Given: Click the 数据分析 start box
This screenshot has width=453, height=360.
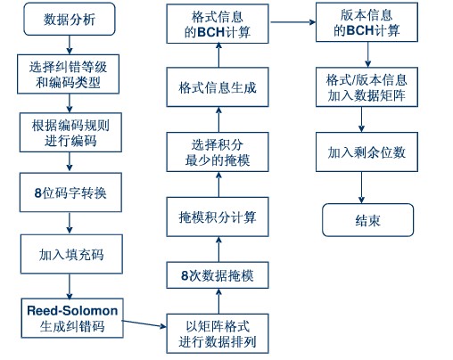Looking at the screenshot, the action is tap(70, 20).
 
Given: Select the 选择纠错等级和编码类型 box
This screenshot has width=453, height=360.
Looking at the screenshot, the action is tap(68, 74).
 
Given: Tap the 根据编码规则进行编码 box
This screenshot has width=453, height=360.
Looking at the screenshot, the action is tap(70, 133).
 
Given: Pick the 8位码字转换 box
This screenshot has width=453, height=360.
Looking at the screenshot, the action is tap(70, 192).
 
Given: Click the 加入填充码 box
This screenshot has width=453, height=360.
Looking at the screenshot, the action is tap(71, 254).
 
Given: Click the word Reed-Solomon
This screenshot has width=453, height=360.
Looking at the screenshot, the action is tap(72, 311).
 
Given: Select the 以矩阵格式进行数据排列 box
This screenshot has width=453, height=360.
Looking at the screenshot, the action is tap(218, 333).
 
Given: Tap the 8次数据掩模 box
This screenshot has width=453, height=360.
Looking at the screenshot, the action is tap(218, 275).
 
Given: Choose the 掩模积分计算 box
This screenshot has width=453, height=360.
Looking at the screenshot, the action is tap(218, 217).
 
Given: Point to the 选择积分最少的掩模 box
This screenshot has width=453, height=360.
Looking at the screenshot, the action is tap(218, 152).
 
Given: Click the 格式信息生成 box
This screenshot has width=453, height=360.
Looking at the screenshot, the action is tap(218, 87).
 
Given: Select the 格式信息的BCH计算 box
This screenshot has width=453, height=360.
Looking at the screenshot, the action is tap(218, 24).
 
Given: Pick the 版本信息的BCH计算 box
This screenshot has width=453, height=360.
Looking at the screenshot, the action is tap(367, 22).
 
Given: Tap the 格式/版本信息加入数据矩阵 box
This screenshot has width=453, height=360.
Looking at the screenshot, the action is tap(367, 87).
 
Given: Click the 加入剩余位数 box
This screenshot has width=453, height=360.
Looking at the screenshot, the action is tap(367, 152).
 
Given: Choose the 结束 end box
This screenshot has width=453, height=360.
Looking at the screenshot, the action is tap(368, 220).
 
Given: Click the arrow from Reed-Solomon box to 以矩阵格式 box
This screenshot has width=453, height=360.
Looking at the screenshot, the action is tap(144, 323).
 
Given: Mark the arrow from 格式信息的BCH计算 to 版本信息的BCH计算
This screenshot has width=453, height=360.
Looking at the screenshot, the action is tap(292, 22).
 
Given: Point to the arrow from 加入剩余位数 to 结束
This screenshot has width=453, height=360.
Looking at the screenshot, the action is tap(361, 187).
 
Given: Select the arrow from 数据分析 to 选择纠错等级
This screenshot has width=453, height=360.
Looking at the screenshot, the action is tap(70, 45).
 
